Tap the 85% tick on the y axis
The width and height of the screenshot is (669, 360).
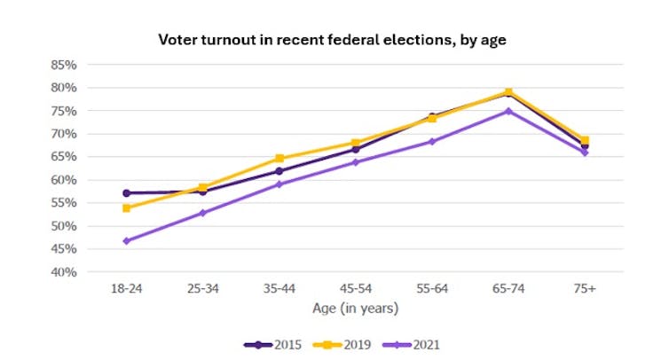point(65,65)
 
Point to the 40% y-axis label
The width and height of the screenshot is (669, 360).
point(65,272)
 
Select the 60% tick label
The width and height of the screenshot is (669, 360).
point(65,180)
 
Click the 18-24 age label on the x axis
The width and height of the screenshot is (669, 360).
point(126,289)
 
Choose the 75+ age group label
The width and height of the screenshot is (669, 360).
point(584,289)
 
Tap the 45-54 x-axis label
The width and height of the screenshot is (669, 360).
point(355,289)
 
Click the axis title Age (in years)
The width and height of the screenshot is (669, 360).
point(355,309)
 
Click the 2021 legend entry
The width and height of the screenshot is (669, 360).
point(417,344)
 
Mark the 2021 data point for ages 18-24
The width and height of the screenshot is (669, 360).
point(127,240)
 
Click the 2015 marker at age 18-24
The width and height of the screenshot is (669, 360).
point(127,192)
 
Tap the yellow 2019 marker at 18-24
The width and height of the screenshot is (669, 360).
point(127,208)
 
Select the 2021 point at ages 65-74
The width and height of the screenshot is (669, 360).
point(508,111)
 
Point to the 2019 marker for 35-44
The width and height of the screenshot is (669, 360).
point(279,159)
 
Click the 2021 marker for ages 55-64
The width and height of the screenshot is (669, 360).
point(432,141)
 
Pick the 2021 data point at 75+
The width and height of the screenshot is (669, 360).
point(584,153)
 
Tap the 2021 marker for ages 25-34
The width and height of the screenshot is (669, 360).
point(203,213)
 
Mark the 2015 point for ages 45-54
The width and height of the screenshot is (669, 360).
point(356,149)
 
